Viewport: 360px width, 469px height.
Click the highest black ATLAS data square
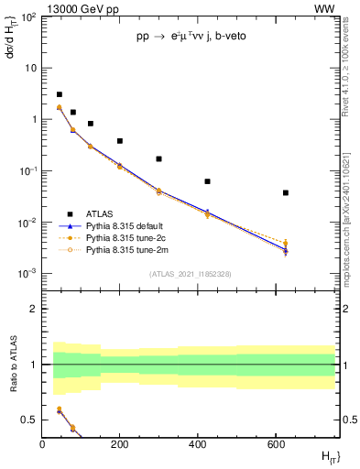(60, 94)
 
